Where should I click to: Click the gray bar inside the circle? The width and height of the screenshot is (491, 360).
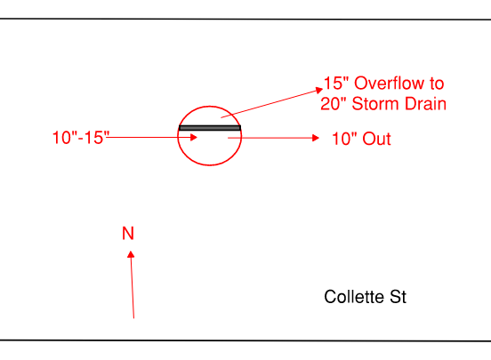210,128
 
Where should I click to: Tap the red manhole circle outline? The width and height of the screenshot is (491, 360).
210,106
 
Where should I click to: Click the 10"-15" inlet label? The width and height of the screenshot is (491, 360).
81,138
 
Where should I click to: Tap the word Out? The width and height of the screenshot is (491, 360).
377,139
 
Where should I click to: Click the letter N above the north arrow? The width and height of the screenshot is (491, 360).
128,233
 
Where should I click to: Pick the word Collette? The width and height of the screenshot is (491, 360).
354,297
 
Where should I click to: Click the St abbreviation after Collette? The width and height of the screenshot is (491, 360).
398,297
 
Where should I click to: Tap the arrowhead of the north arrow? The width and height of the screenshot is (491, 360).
131,254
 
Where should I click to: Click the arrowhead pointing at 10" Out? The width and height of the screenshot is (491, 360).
316,138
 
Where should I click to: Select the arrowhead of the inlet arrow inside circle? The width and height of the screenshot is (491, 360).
194,137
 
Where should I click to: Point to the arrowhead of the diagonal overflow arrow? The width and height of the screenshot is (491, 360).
319,90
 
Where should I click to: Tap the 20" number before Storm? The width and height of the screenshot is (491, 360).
334,104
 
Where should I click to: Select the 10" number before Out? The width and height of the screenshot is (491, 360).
344,139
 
